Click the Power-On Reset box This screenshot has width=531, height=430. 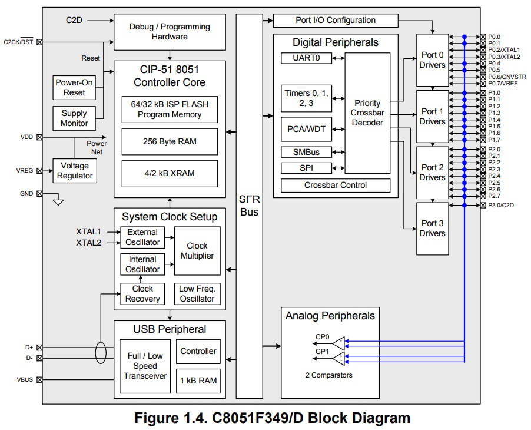click(74, 88)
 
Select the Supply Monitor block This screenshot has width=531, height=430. click(74, 118)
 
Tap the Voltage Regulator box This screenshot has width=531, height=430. click(75, 171)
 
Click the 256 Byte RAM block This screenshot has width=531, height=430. click(170, 141)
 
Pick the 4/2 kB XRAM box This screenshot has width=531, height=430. click(170, 173)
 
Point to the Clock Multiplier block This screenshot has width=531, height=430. click(197, 251)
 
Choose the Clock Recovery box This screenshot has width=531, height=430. click(142, 294)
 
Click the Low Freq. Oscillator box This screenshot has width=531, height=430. click(197, 294)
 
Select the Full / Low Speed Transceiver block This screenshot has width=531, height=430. click(143, 366)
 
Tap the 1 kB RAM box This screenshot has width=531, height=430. click(198, 381)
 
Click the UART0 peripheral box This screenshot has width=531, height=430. click(306, 58)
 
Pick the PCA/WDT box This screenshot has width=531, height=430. click(306, 128)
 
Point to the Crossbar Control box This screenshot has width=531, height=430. click(336, 186)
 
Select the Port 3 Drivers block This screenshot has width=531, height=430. click(433, 229)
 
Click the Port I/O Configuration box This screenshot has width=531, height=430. click(336, 21)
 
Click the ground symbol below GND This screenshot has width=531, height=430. click(58, 203)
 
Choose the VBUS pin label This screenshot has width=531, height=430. click(24, 380)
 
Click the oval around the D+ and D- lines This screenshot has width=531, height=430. click(101, 352)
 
